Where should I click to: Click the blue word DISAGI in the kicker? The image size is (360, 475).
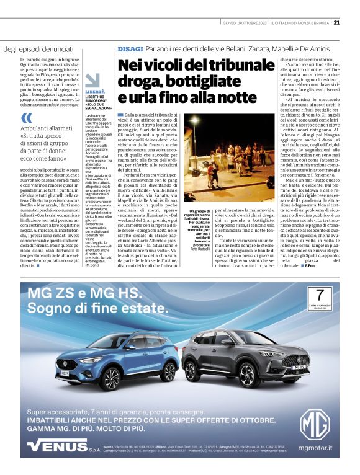tap(130, 48)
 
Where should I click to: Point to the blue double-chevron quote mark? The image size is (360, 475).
tap(27, 118)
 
